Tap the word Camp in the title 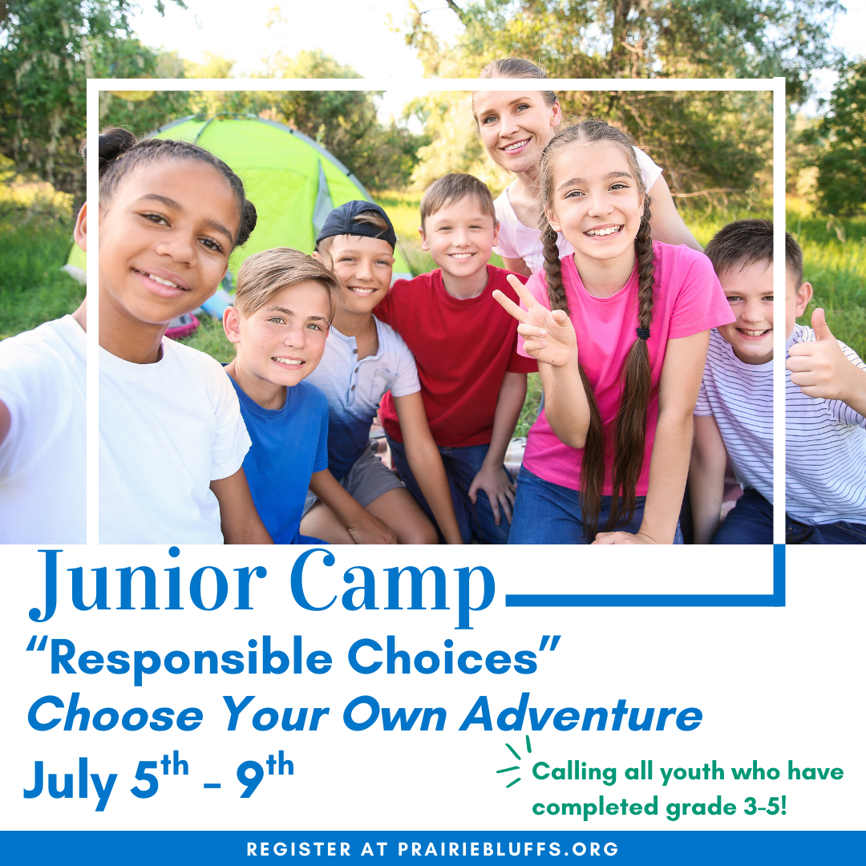(393, 586)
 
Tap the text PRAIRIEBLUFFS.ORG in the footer (508, 849)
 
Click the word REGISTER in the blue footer (299, 849)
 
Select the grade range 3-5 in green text (762, 807)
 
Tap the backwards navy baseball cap (356, 223)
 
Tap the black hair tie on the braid (642, 333)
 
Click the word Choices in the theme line (443, 658)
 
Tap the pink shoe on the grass (182, 326)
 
